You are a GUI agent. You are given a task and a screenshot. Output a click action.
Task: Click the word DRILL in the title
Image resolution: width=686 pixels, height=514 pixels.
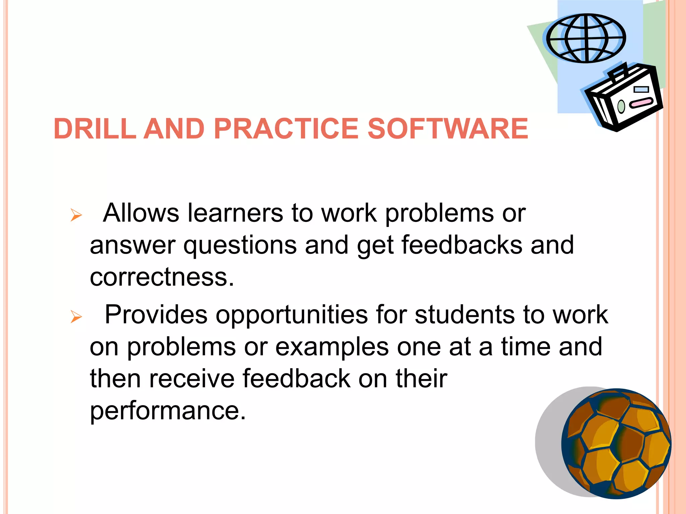95,129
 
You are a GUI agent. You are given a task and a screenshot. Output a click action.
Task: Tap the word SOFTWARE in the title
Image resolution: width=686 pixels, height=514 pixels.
448,129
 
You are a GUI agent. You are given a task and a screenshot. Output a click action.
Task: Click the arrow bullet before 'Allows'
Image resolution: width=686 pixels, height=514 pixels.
76,215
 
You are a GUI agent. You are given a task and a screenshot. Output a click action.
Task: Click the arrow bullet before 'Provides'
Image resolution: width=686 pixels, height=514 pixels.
76,317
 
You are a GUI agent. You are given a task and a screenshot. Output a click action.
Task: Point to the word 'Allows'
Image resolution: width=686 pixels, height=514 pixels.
141,213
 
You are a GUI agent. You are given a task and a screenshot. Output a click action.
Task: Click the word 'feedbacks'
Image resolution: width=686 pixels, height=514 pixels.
462,245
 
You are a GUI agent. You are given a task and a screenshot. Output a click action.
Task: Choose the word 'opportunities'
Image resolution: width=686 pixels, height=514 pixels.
292,315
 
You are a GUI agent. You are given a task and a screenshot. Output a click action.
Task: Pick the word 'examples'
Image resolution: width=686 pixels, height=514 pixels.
332,347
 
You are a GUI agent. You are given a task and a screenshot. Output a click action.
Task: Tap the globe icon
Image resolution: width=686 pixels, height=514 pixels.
586,38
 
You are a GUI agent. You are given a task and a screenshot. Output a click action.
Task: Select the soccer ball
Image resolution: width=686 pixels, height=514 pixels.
616,444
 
